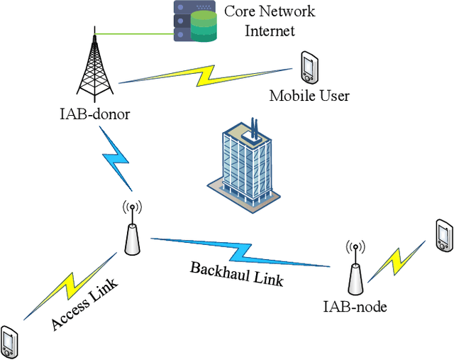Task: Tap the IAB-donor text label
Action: [x=94, y=114]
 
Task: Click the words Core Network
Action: [x=269, y=11]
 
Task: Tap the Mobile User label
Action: [x=309, y=95]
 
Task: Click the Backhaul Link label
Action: [x=237, y=273]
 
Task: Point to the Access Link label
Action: [x=84, y=305]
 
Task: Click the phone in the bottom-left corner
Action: [x=10, y=342]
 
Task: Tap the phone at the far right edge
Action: [x=443, y=236]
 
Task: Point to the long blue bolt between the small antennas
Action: [x=241, y=251]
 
